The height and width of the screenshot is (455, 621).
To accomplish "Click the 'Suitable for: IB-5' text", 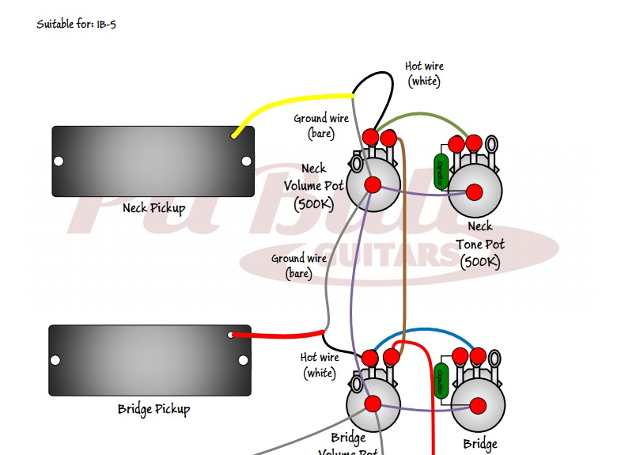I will (x=77, y=24).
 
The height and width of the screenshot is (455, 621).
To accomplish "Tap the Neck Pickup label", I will (x=153, y=209).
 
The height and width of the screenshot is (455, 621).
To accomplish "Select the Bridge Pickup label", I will (x=153, y=409).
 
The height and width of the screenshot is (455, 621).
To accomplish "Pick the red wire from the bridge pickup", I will (x=277, y=334).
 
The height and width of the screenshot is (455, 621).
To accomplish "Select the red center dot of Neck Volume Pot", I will (x=373, y=184).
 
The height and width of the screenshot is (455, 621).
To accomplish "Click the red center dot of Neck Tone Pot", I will (x=475, y=191).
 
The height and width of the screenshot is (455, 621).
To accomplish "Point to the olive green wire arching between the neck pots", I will (x=419, y=116).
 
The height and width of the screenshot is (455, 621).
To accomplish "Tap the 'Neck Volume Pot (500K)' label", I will (x=314, y=186).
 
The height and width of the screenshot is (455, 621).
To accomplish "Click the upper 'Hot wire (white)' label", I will (x=423, y=74).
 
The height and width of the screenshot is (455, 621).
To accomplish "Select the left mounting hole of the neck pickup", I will (x=59, y=161).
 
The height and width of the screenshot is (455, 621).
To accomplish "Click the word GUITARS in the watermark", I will (x=403, y=254).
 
